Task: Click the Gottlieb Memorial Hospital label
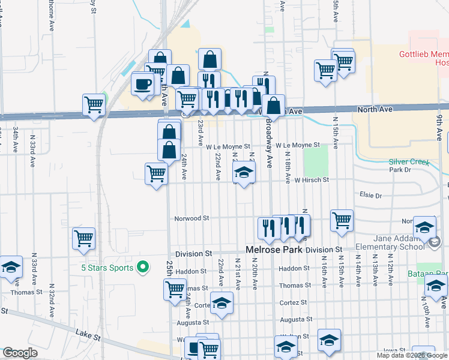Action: click(x=424, y=58)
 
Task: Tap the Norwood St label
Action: click(x=191, y=218)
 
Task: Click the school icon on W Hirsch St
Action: click(x=243, y=173)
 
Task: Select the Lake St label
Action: click(x=88, y=331)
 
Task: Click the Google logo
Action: click(x=20, y=353)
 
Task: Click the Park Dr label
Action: click(x=399, y=170)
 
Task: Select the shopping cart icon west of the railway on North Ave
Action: click(x=94, y=105)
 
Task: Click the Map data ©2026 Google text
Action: click(x=412, y=355)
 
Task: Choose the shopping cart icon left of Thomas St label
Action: click(x=175, y=289)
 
